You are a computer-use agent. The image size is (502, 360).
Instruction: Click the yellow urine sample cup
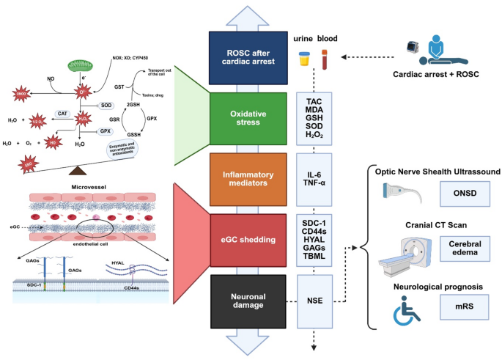[x=303, y=57]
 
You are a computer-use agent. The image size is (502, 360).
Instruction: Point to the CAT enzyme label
[x=64, y=114]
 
